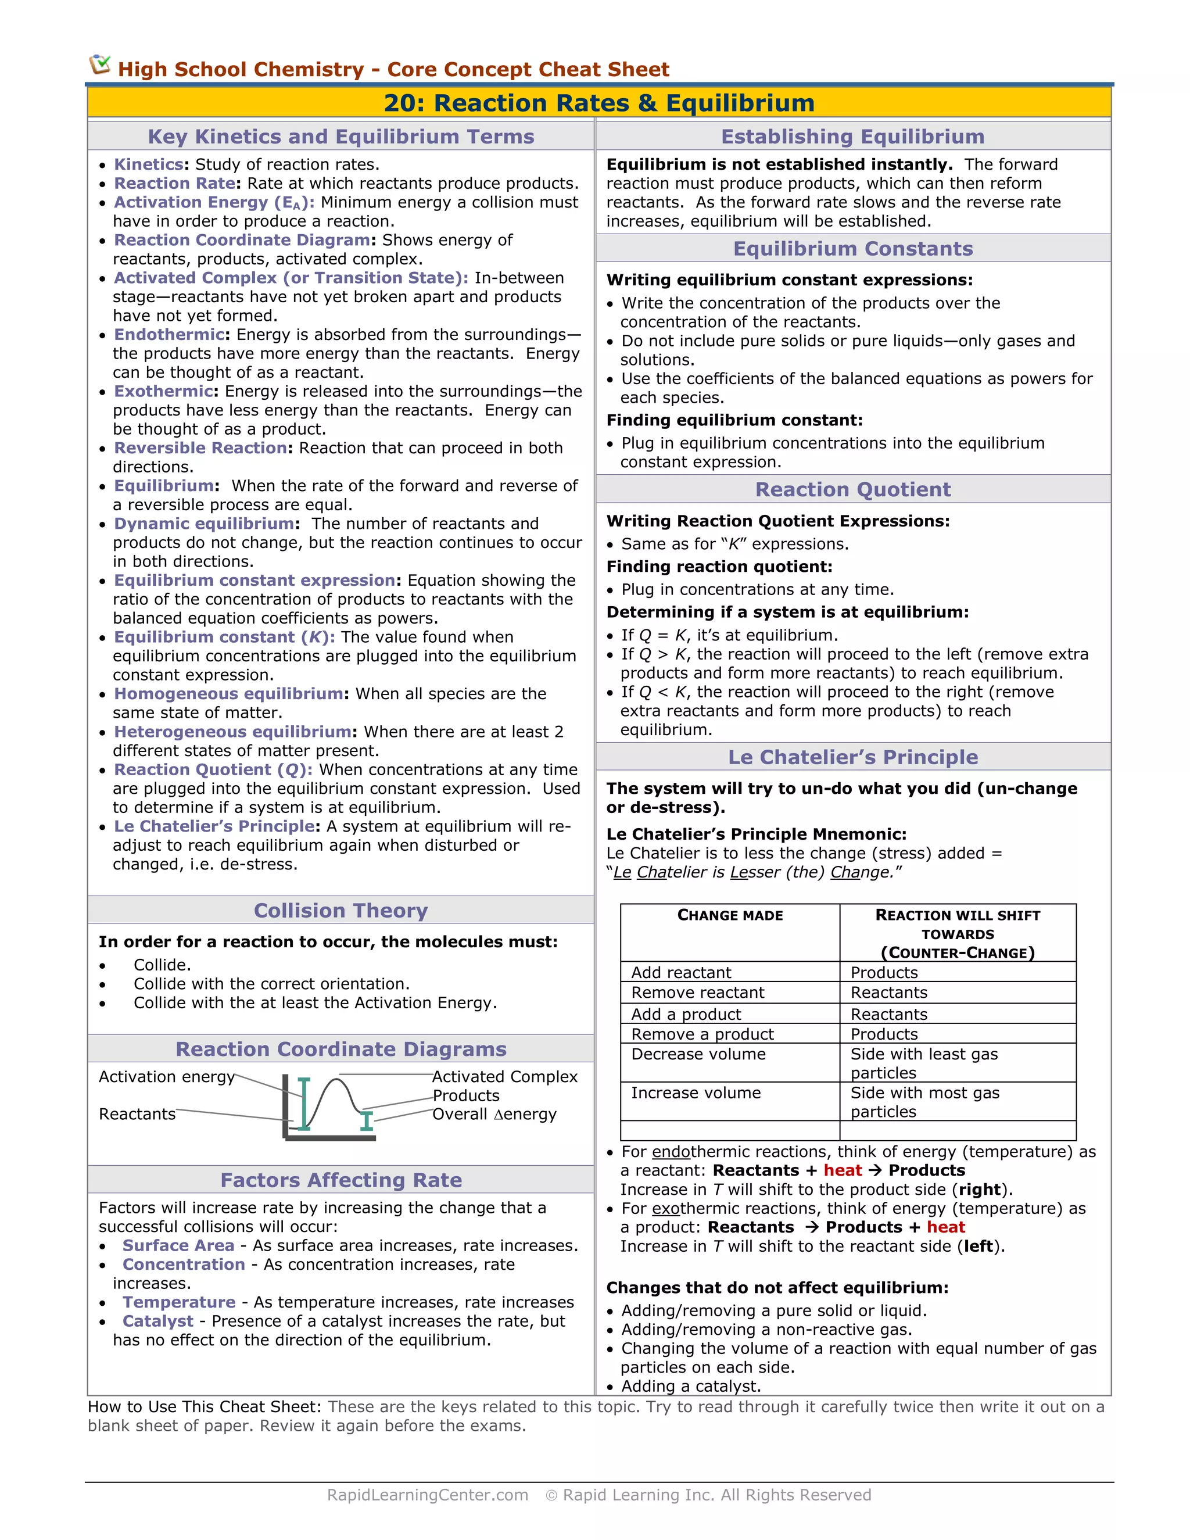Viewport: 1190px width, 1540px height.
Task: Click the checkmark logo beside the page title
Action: [x=100, y=65]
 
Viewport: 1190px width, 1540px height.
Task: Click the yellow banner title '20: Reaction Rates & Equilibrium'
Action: [x=598, y=103]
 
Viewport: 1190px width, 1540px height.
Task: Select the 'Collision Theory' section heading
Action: [x=340, y=910]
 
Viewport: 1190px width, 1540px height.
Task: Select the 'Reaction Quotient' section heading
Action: [x=852, y=489]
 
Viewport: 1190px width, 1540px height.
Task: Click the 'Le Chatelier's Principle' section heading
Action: [x=852, y=757]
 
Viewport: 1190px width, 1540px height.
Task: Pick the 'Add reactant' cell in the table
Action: [x=681, y=972]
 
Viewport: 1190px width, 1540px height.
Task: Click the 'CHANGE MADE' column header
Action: [x=730, y=915]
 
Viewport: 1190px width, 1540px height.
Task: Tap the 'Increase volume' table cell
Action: [x=695, y=1093]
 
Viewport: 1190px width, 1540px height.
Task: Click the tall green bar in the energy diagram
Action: [x=304, y=1104]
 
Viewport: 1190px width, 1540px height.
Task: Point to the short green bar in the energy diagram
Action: [x=366, y=1120]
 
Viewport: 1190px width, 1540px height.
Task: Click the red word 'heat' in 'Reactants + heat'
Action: [x=843, y=1170]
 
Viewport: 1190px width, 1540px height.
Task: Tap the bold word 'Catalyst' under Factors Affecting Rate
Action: [x=157, y=1321]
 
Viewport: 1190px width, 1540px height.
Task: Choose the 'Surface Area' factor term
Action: [x=178, y=1245]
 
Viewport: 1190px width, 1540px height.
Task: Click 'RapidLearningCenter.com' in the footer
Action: [x=427, y=1495]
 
